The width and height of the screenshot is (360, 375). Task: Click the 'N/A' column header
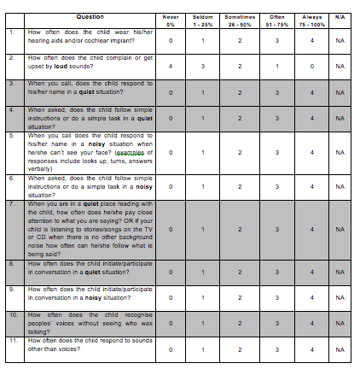340,15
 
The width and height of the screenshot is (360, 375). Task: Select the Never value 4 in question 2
171,65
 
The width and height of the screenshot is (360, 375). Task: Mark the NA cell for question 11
340,350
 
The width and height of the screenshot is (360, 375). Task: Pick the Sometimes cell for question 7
240,230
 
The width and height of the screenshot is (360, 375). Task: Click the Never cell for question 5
171,153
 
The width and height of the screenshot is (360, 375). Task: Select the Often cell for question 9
276,297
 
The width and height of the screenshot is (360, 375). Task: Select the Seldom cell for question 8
203,272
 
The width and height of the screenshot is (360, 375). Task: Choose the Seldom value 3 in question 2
203,65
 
